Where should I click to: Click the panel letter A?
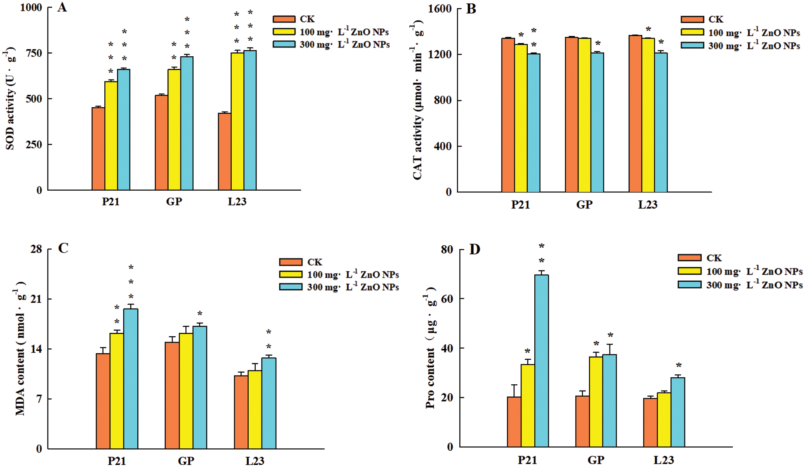(x=62, y=7)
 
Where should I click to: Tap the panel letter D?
(x=474, y=249)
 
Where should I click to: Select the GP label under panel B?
(x=584, y=204)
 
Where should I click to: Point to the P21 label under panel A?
(x=110, y=202)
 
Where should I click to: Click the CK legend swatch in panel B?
(x=692, y=19)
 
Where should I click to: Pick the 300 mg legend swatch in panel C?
(x=291, y=287)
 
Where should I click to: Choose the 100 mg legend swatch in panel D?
(x=689, y=271)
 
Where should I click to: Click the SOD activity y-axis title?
(x=10, y=99)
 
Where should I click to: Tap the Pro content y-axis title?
(x=431, y=347)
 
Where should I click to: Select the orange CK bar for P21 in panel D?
(x=514, y=421)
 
